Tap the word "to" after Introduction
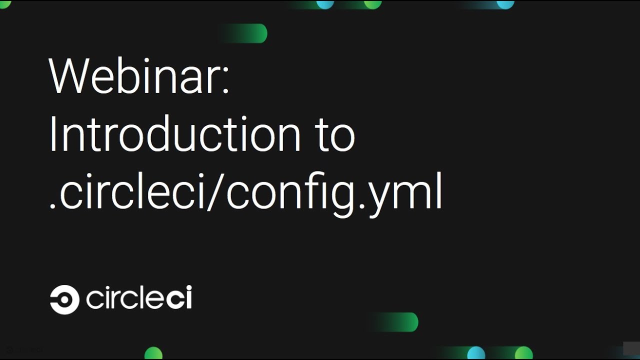point(335,135)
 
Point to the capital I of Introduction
point(52,133)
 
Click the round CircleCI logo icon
point(64,299)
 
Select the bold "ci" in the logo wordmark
point(178,298)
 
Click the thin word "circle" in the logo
point(125,298)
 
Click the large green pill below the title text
point(400,322)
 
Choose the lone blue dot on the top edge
point(505,4)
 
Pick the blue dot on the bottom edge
point(476,353)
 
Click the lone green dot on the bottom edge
point(153,353)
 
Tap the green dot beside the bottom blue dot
point(523,353)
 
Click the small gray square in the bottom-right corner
point(631,348)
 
